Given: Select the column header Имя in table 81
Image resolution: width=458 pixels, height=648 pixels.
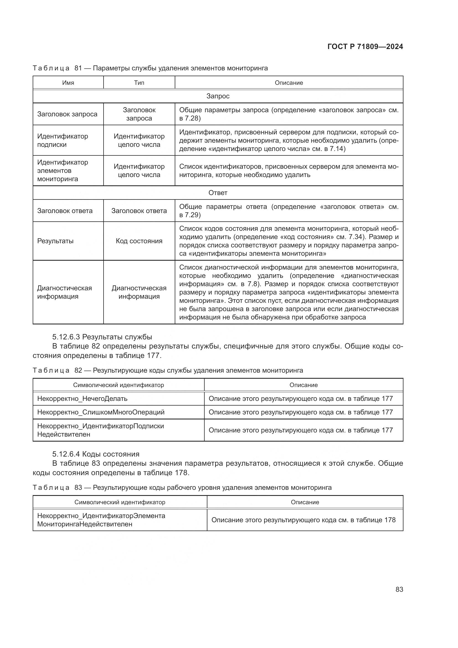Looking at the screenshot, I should click(68, 83).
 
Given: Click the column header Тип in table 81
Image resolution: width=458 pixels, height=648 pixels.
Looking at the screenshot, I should click(139, 83).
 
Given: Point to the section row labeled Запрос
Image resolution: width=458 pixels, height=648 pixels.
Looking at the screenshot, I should click(218, 96).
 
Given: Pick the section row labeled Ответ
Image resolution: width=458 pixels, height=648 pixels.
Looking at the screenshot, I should click(218, 193).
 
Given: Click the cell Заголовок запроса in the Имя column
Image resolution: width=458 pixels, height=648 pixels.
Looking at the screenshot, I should click(67, 114).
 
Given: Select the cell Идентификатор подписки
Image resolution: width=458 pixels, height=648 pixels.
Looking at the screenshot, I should click(63, 140).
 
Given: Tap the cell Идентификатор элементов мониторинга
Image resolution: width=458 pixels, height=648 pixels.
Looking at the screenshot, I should click(63, 170).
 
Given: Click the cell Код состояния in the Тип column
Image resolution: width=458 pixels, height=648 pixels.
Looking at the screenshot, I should click(139, 241).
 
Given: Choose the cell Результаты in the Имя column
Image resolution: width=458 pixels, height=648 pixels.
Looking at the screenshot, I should click(55, 241).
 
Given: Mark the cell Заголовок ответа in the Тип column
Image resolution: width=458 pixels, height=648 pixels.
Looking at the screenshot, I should click(139, 211).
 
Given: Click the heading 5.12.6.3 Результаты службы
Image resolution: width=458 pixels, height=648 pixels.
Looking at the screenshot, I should click(102, 337).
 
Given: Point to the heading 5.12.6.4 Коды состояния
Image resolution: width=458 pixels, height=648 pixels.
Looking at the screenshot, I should click(96, 454).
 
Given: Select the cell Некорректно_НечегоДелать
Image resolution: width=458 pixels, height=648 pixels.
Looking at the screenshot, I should click(82, 398).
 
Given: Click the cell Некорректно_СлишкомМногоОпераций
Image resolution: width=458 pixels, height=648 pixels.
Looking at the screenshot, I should click(101, 412).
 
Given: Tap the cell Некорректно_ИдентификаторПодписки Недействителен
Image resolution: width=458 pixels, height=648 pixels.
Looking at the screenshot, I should click(101, 430).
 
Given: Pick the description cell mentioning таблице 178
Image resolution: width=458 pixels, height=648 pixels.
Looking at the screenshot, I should click(303, 520).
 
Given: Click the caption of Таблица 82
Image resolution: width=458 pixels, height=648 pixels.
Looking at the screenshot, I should click(168, 370).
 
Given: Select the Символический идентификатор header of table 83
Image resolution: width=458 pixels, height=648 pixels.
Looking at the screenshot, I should click(120, 502).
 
